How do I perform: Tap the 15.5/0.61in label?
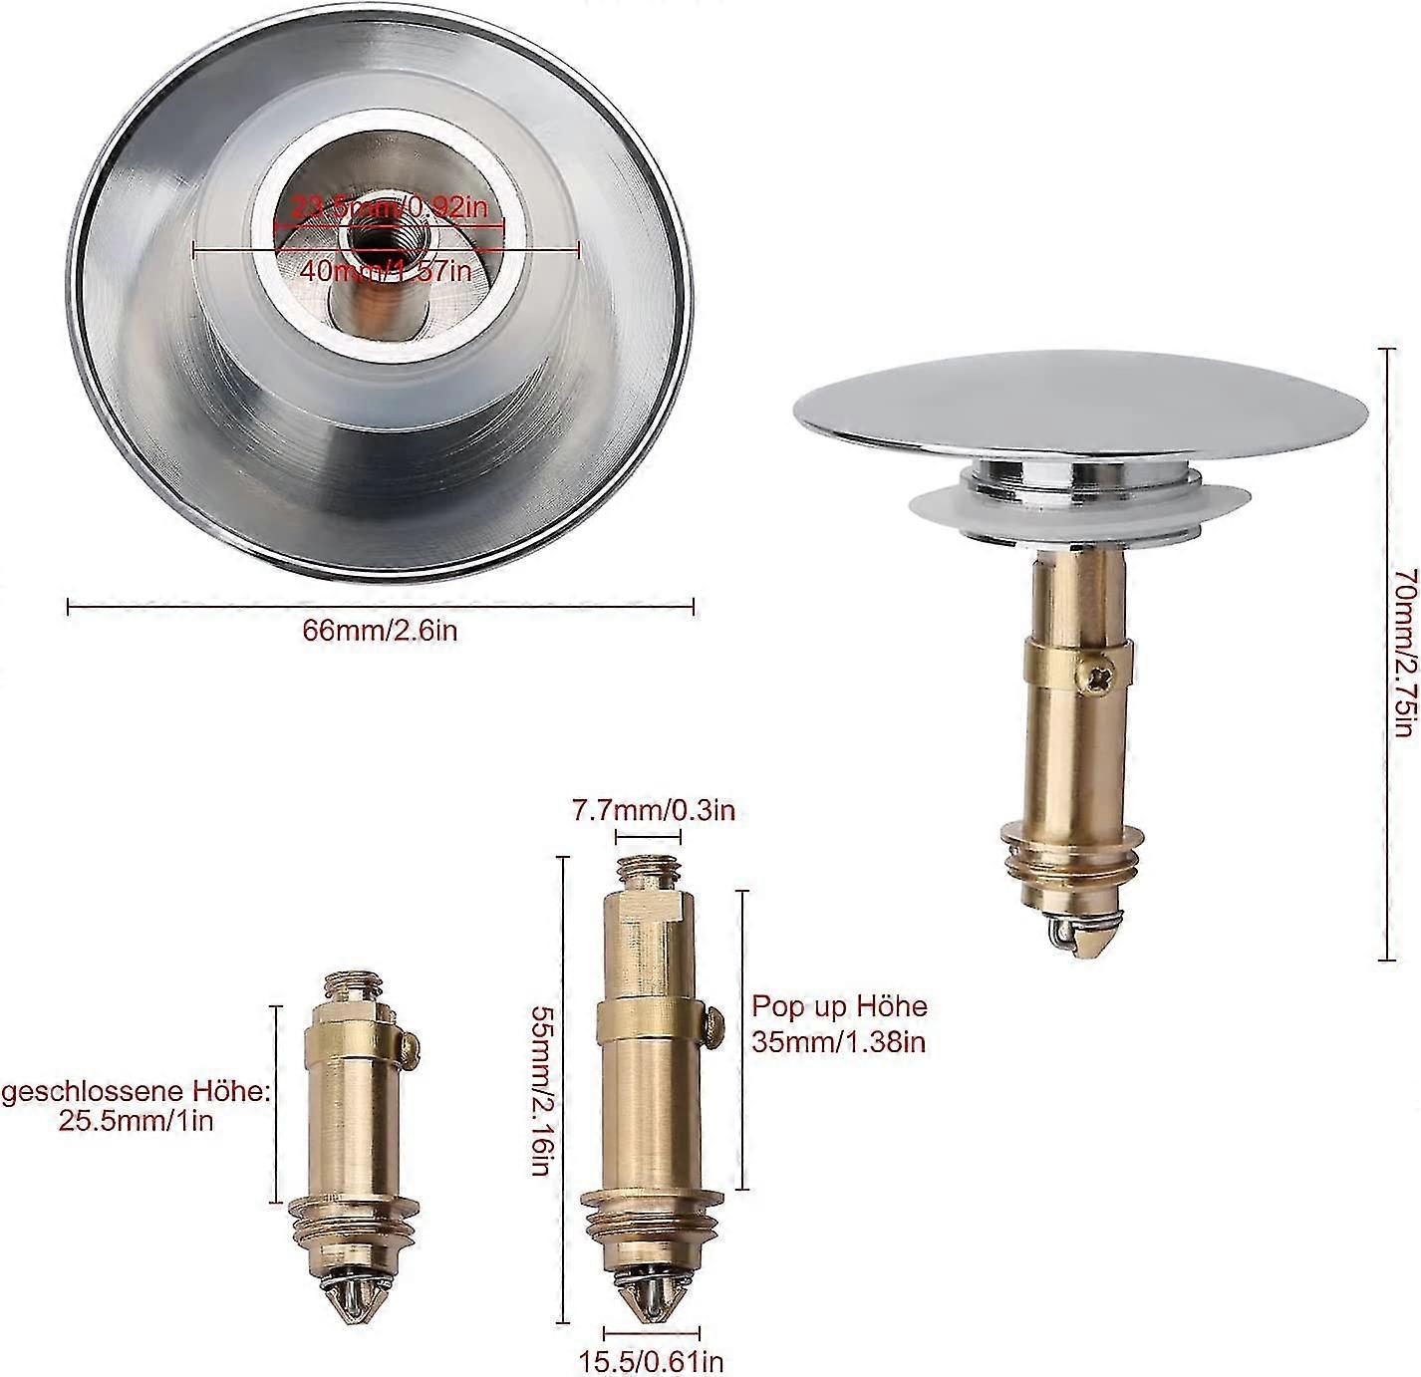tap(652, 1361)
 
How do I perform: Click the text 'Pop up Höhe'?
tap(839, 1006)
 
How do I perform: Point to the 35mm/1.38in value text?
tap(839, 1042)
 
